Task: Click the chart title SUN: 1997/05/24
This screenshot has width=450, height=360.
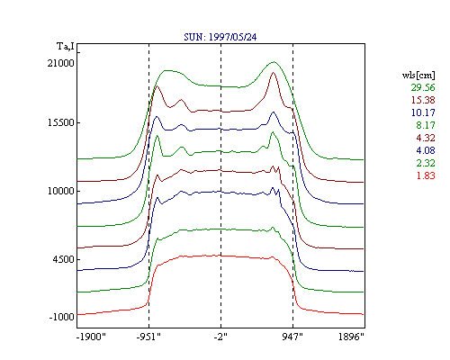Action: [x=220, y=37]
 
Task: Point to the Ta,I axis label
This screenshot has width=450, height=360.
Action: [x=65, y=47]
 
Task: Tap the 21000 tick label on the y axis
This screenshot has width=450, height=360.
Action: [x=60, y=63]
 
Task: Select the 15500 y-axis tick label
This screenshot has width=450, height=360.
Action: [x=60, y=122]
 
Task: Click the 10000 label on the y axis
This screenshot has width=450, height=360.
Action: [x=60, y=191]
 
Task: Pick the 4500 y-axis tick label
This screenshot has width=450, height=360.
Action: [x=63, y=259]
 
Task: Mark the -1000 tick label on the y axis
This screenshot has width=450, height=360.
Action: [x=61, y=317]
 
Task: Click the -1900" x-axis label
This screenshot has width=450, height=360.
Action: [x=91, y=337]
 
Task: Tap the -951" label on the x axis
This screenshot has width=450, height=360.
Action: [x=148, y=337]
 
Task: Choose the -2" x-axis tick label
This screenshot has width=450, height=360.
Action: [x=220, y=337]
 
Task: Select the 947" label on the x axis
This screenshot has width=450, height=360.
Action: [x=292, y=337]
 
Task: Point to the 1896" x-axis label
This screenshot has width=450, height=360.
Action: [x=351, y=337]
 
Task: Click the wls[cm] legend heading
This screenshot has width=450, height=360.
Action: [x=418, y=75]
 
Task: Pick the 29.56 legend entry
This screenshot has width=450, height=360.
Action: [x=423, y=87]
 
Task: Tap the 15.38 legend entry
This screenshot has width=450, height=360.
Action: [x=423, y=100]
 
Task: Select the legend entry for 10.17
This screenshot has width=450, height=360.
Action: [x=423, y=112]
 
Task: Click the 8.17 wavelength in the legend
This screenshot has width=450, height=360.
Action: [x=426, y=125]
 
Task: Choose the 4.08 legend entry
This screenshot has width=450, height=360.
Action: [x=426, y=150]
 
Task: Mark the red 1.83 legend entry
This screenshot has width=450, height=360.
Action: [x=426, y=175]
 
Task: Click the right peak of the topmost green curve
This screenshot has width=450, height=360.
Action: [x=274, y=62]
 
